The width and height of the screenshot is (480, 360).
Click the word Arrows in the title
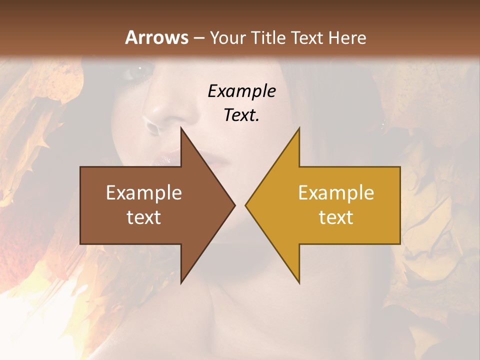coord(156,37)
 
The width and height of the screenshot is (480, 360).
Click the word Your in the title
coord(227,37)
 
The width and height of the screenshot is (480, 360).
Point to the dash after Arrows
coord(198,38)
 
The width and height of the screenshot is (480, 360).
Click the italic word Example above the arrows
coord(241,91)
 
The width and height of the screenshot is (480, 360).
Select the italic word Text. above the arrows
coord(241,115)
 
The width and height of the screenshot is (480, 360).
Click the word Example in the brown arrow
coord(144,193)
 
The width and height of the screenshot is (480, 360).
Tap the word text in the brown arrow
coord(144,217)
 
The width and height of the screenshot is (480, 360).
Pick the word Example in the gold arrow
coord(336,193)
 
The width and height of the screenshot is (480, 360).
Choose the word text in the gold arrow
coord(336,217)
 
